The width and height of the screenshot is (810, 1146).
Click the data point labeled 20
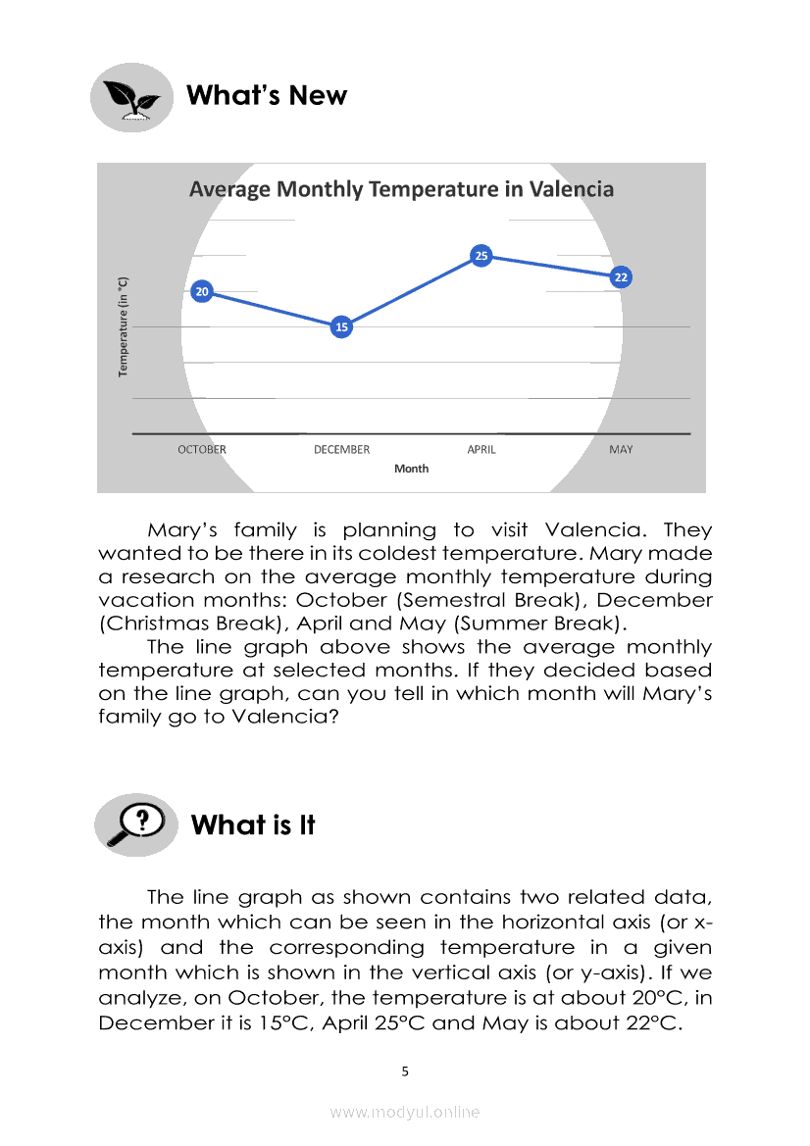click(201, 291)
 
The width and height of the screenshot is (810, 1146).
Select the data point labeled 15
click(341, 326)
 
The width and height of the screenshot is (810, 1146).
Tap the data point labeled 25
click(481, 256)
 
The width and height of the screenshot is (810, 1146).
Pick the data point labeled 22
click(620, 277)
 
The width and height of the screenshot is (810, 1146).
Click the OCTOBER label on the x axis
click(201, 450)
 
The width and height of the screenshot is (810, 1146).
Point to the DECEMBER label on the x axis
click(341, 450)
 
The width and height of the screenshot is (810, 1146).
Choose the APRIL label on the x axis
click(481, 450)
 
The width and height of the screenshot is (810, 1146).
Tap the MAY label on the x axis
click(620, 450)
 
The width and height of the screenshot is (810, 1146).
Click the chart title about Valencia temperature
click(401, 189)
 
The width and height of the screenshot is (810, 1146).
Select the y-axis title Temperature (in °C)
click(124, 326)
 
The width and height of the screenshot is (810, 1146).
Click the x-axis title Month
click(411, 469)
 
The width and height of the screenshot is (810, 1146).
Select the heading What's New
click(266, 96)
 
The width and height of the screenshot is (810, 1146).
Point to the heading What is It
click(253, 825)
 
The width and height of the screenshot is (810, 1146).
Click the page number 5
click(405, 1071)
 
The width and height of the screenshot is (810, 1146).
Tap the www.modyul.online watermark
click(405, 1112)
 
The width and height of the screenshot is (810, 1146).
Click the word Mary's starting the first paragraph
click(185, 530)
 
